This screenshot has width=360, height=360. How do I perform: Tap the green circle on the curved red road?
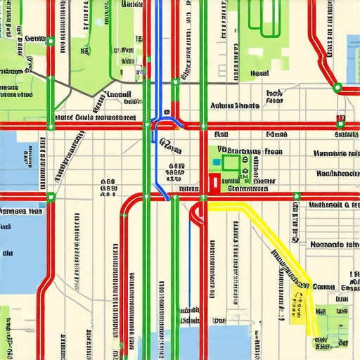(x=337, y=88)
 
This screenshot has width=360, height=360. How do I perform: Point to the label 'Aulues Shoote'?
(x=235, y=105)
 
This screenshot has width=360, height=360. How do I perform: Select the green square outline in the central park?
(x=230, y=162)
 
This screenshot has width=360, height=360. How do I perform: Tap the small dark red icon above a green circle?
(x=341, y=118)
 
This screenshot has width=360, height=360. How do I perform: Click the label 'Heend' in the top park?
(x=260, y=73)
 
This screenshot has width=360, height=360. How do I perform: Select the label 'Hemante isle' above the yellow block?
(x=334, y=244)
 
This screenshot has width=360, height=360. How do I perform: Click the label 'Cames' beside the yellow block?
(x=324, y=286)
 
